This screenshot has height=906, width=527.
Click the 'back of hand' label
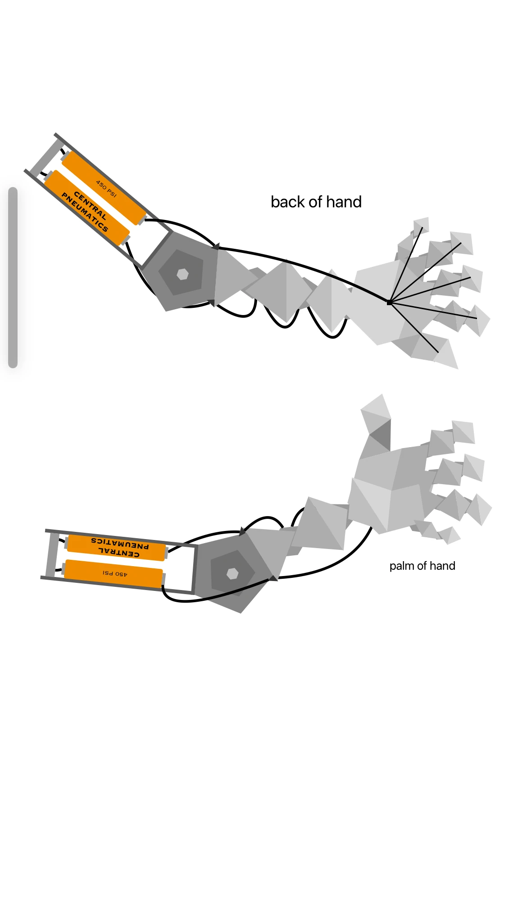tap(316, 202)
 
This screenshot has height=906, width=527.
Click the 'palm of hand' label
tap(423, 566)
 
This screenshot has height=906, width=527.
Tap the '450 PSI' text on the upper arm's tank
tap(106, 188)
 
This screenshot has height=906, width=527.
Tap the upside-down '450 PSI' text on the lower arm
tap(115, 574)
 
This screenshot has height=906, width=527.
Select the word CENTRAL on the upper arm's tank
tap(90, 206)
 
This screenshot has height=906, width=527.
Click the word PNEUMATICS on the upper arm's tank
tap(85, 212)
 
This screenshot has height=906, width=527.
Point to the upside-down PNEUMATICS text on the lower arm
tap(120, 543)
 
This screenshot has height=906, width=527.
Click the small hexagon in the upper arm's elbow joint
tap(182, 274)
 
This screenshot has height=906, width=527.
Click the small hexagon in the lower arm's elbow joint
tap(232, 573)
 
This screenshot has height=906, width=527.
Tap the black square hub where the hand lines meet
tap(389, 302)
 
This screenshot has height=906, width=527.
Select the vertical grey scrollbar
tap(13, 278)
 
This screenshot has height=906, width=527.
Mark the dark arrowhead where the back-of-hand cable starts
tap(216, 247)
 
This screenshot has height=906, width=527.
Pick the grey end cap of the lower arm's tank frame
tap(52, 555)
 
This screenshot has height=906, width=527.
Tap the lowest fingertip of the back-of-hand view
tap(446, 354)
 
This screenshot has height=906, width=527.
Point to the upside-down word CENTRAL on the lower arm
tap(119, 552)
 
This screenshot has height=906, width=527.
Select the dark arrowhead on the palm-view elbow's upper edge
tap(243, 531)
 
